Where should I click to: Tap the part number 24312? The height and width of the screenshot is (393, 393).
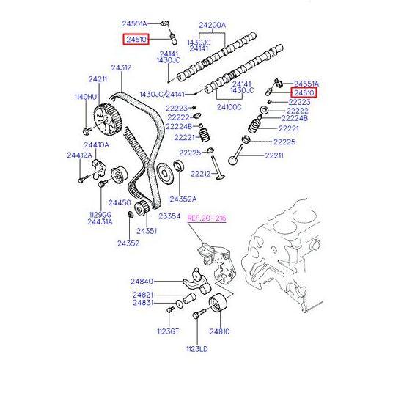coord(121,68)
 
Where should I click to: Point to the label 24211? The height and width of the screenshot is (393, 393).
coord(98,79)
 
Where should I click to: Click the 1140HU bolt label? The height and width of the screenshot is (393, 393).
coord(85,96)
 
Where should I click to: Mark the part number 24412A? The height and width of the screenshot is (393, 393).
coord(79,155)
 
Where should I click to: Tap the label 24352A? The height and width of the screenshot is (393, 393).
coord(183,199)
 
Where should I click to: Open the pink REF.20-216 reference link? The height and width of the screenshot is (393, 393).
coord(207,218)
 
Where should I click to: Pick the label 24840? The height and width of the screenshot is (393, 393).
coord(144,281)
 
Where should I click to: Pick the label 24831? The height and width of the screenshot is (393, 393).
coord(144,302)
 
